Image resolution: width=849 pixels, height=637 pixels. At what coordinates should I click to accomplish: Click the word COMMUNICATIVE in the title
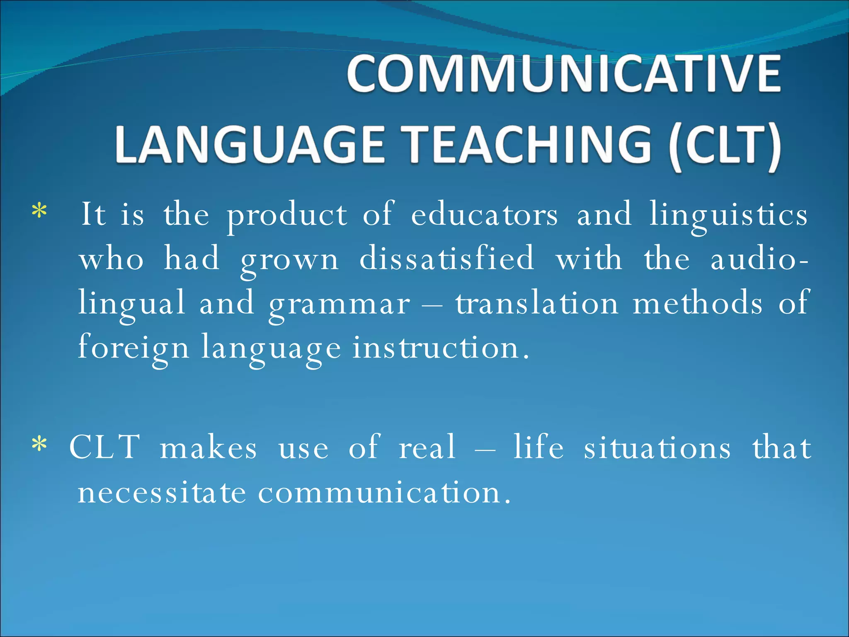coord(564,75)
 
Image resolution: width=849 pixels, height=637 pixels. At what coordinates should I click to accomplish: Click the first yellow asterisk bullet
coord(39,212)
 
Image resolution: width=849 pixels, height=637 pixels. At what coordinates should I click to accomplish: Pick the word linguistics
coord(728,216)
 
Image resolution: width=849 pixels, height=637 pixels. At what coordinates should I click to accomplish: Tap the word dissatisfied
coord(446,259)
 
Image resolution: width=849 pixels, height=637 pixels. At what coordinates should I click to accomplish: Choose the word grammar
coord(339,304)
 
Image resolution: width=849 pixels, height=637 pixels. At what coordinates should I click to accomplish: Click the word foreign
coord(133,348)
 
